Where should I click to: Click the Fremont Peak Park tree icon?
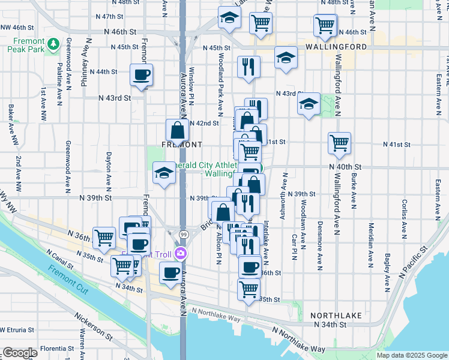click(53, 44)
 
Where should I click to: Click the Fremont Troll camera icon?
click(181, 254)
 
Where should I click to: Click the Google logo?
click(19, 353)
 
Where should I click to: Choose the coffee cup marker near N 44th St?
click(142, 75)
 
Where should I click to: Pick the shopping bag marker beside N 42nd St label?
click(178, 130)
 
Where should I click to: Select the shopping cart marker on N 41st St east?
click(339, 143)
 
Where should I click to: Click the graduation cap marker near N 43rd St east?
click(309, 104)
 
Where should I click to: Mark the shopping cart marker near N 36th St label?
click(104, 237)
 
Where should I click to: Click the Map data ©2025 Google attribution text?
click(411, 355)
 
